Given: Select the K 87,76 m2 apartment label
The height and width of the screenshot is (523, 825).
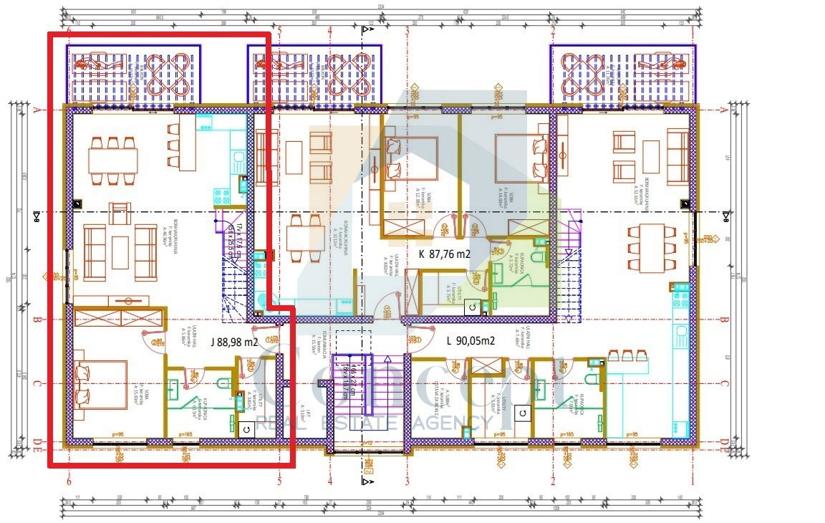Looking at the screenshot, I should click(444, 254).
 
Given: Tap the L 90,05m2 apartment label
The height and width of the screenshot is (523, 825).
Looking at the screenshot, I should click(471, 341).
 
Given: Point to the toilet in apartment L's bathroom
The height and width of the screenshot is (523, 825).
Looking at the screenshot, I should click(594, 377).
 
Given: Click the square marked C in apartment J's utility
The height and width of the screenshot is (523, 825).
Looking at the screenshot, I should click(246, 428).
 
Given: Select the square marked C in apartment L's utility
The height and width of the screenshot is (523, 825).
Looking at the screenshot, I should click(523, 413).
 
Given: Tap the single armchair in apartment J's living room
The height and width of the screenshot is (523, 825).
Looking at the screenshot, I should click(120, 213).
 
